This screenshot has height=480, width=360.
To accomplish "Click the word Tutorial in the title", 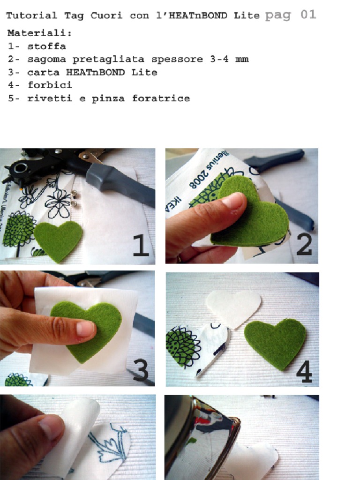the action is pos(31,15).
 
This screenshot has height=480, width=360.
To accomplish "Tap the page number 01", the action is pos(308,15).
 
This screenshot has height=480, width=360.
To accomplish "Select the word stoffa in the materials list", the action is pos(46,46).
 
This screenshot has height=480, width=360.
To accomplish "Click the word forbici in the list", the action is pos(50,85).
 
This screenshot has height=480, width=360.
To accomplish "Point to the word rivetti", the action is pos(50,98).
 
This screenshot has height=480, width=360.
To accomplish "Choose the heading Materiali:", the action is pos(39,33).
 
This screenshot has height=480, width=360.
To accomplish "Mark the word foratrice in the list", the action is pos(161,98).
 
